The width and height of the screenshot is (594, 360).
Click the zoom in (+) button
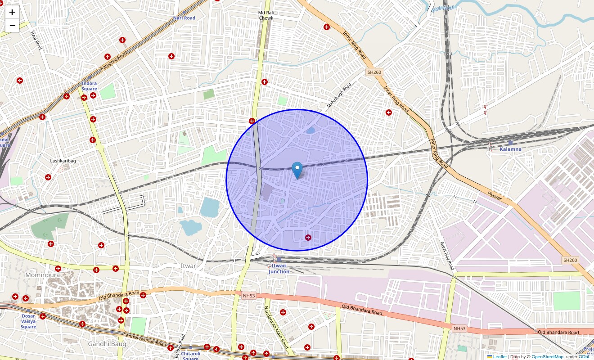[12, 13]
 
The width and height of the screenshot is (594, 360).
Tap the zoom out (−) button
[12, 26]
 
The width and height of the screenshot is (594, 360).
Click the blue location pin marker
[297, 171]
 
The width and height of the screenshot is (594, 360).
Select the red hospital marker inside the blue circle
[308, 238]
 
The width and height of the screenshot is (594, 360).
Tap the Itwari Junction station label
[279, 269]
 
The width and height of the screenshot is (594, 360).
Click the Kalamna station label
[511, 149]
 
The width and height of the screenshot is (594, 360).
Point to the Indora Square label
[89, 86]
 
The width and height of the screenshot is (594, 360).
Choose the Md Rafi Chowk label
[266, 15]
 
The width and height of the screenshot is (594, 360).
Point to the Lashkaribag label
[63, 161]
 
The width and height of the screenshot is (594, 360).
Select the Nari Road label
[184, 18]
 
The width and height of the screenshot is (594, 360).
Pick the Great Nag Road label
[448, 256]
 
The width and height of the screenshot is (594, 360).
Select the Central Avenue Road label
[145, 341]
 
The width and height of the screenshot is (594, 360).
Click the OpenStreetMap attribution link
[547, 357]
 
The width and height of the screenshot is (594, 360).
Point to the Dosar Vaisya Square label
[28, 321]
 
